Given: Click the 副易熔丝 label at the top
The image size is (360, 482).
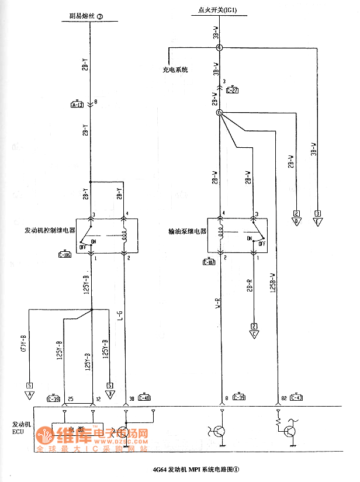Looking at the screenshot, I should click(81, 17).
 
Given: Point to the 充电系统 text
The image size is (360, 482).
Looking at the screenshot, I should click(175, 70).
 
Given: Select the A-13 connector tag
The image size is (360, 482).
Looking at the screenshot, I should click(77, 105).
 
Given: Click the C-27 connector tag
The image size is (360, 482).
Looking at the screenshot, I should click(232, 89).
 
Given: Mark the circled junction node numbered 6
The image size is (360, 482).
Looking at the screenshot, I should click(220, 113).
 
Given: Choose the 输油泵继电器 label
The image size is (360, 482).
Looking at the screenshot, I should click(185, 231).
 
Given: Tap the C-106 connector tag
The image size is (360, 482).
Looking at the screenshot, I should click(64, 254).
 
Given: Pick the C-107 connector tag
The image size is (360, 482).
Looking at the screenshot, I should click(209, 261).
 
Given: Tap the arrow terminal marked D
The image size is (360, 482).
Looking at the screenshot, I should click(296, 221).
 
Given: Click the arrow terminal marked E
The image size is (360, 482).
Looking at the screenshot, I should click(317, 221).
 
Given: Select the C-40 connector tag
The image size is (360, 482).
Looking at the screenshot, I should click(144, 398).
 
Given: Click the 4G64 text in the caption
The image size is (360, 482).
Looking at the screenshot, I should click(158, 469).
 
